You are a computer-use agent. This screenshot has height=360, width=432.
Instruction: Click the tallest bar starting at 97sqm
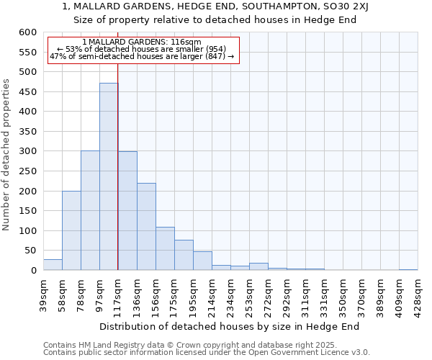tap(109, 176)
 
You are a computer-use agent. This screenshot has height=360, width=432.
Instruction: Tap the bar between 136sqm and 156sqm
tap(146, 227)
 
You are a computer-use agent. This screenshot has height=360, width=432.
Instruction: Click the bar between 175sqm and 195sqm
tap(184, 255)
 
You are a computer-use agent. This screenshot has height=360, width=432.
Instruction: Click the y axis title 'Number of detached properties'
tap(7, 156)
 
